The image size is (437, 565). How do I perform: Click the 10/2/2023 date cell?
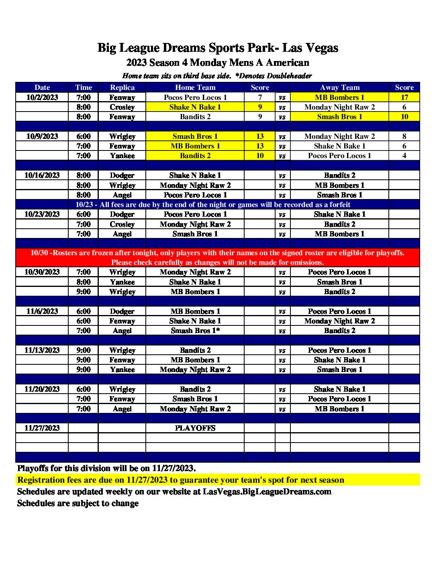42,98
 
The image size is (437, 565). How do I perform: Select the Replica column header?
122,87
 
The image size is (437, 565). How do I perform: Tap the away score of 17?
404,98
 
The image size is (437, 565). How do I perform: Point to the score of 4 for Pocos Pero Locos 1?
404,156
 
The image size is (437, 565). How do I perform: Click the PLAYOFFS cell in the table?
195,428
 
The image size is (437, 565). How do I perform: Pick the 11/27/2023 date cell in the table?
42,428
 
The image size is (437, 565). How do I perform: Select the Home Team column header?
195,87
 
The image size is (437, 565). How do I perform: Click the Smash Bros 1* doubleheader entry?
195,331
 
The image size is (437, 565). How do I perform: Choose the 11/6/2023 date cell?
42,311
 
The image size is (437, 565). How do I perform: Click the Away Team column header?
340,87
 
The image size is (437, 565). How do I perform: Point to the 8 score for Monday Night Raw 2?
404,136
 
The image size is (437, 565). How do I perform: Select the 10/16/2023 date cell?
42,175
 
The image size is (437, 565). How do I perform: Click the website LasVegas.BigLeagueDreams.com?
267,492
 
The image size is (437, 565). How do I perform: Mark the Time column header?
84,87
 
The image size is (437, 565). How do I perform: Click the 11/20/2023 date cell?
42,389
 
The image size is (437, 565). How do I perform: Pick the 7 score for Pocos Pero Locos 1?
260,98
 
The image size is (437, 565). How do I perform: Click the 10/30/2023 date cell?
42,272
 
